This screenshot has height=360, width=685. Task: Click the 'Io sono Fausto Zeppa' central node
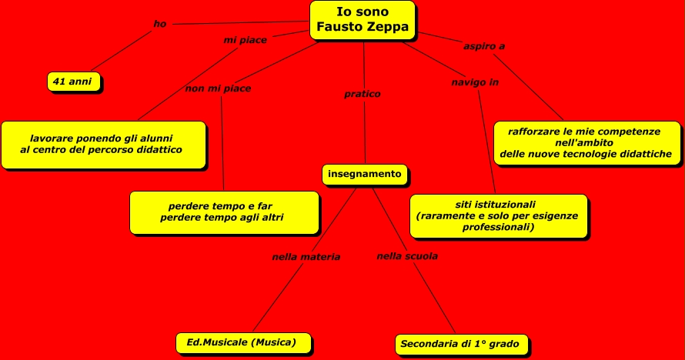pyautogui.click(x=363, y=20)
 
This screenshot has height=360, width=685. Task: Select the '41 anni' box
pyautogui.click(x=74, y=81)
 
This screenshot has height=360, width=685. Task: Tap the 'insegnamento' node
pyautogui.click(x=364, y=175)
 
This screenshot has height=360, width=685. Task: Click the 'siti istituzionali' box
pyautogui.click(x=499, y=215)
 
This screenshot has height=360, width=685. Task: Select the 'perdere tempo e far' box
pyautogui.click(x=224, y=212)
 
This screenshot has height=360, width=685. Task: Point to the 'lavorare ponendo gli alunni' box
pyautogui.click(x=103, y=144)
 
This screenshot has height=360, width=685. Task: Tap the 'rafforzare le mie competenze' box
pyautogui.click(x=586, y=143)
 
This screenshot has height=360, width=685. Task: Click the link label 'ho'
pyautogui.click(x=160, y=24)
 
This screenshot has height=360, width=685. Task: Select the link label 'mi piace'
pyautogui.click(x=246, y=40)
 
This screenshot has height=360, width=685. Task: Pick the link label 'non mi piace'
pyautogui.click(x=218, y=88)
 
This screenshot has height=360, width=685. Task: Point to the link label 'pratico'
pyautogui.click(x=363, y=94)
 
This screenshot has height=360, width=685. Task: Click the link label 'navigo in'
pyautogui.click(x=475, y=82)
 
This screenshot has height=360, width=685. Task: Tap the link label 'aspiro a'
pyautogui.click(x=484, y=46)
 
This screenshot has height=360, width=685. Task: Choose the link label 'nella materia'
pyautogui.click(x=306, y=257)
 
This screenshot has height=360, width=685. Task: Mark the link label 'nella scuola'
pyautogui.click(x=407, y=256)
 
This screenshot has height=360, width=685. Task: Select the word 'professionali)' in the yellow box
pyautogui.click(x=498, y=228)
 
